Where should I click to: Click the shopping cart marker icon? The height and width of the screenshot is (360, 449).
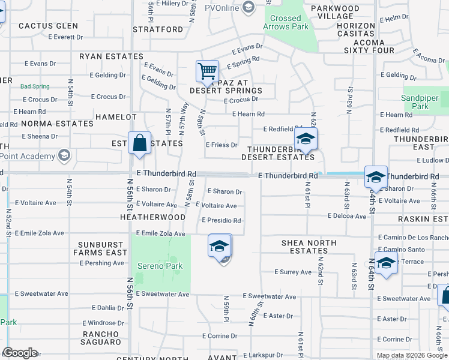(x=207, y=71)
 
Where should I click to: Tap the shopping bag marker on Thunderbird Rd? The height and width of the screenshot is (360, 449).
(x=139, y=145)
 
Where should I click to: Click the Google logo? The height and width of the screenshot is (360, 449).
(x=20, y=353)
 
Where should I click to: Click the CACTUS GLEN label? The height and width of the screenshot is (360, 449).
(x=48, y=26)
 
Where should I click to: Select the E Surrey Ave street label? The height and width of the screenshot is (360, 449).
(x=293, y=272)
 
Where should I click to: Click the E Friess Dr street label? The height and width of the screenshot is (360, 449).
(x=221, y=145)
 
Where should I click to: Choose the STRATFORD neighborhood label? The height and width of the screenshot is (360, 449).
(x=157, y=29)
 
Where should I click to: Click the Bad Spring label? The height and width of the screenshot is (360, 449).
(x=35, y=86)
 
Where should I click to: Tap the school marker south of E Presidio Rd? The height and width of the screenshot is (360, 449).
(x=220, y=246)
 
